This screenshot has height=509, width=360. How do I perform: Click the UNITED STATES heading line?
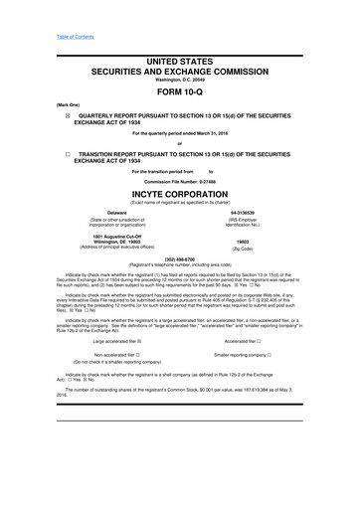click(180, 62)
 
